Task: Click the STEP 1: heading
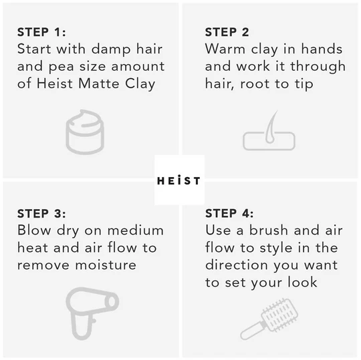pyautogui.click(x=41, y=32)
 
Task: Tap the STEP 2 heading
pyautogui.click(x=227, y=32)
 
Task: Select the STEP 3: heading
pyautogui.click(x=41, y=214)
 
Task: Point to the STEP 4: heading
pyautogui.click(x=229, y=213)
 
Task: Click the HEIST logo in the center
pyautogui.click(x=178, y=180)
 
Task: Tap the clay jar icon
pyautogui.click(x=85, y=132)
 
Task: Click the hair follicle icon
pyautogui.click(x=269, y=130)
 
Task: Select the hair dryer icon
pyautogui.click(x=92, y=313)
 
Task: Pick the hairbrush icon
pyautogui.click(x=269, y=319)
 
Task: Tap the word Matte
pyautogui.click(x=99, y=83)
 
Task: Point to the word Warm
pyautogui.click(x=225, y=49)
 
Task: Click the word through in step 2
pyautogui.click(x=318, y=67)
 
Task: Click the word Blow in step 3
pyautogui.click(x=34, y=230)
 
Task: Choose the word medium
pyautogui.click(x=136, y=230)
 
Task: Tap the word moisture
pyautogui.click(x=106, y=265)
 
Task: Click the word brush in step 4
pyautogui.click(x=269, y=230)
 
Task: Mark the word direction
pyautogui.click(x=237, y=265)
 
